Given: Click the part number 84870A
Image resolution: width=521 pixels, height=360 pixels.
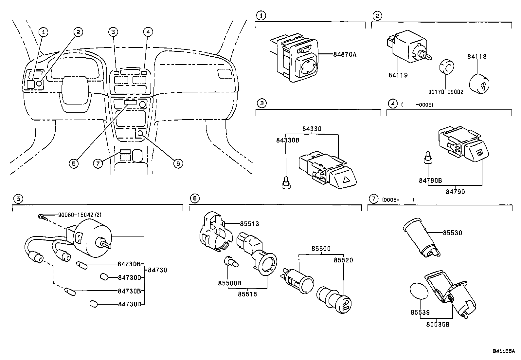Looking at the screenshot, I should coord(344,55).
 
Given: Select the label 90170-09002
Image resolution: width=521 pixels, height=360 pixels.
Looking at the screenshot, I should coord(446,92).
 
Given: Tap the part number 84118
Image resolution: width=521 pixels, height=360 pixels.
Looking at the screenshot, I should coord(476,56).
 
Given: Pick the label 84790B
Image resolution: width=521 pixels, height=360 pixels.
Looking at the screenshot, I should coord(430,180).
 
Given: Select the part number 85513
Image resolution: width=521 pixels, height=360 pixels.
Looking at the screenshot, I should coord(249,224).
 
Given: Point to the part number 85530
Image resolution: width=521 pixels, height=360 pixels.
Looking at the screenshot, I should coord(452,233).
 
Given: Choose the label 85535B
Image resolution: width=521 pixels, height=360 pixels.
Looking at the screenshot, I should coord(438,324).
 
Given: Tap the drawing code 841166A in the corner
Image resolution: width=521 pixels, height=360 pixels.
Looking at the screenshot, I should coord(503,351).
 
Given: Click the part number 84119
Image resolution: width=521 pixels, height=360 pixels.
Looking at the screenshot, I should coord(398,75).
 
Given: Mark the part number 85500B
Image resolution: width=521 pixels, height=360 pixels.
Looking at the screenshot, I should coord(230,283).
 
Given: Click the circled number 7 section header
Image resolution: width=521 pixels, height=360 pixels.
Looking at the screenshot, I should coord(373,199).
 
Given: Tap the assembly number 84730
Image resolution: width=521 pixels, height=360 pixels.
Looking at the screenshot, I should coord(157,270).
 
